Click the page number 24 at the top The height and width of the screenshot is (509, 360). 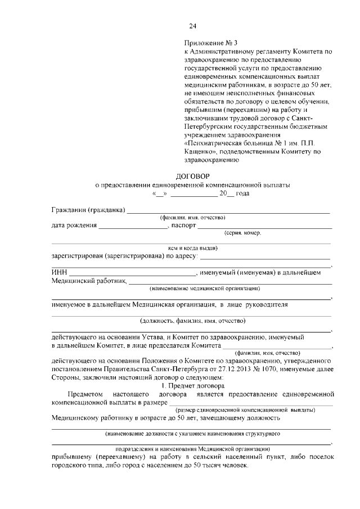[x=193, y=26]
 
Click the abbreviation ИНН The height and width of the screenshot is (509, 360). [x=59, y=273]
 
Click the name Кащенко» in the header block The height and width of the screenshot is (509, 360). [x=201, y=151]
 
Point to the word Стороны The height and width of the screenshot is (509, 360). [x=65, y=377]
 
